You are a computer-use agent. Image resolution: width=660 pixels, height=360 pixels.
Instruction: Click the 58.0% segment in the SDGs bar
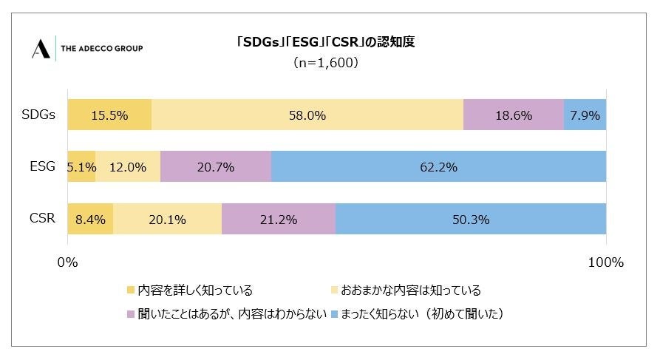[x=307, y=115]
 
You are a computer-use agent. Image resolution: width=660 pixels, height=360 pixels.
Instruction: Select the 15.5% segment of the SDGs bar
[x=109, y=115]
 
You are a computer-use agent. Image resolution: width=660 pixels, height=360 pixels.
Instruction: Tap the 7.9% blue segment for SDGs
[x=585, y=115]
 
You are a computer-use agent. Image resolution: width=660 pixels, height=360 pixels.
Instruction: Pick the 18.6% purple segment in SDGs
[x=513, y=115]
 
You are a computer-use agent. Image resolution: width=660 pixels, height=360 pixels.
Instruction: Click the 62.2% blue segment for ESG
[x=438, y=167]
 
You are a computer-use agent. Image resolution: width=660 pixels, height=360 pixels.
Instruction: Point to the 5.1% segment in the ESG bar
[x=81, y=167]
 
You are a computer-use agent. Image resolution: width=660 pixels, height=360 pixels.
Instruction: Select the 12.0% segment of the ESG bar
[x=127, y=167]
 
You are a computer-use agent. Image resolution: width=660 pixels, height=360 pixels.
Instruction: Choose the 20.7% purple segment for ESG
[x=215, y=167]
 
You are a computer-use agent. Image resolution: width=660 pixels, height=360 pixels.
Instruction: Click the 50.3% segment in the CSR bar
[x=471, y=220]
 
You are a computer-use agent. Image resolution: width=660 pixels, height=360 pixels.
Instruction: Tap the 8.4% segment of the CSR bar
[x=90, y=220]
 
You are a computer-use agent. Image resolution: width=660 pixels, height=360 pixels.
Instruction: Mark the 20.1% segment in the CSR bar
[x=167, y=220]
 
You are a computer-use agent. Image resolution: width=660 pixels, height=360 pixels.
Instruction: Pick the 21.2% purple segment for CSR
[x=279, y=220]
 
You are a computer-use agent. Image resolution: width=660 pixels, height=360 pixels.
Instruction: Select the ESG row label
[x=43, y=167]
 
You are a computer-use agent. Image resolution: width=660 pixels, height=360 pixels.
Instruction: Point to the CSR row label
[x=43, y=220]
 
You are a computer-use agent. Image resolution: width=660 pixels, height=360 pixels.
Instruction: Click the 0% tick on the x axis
[x=67, y=262]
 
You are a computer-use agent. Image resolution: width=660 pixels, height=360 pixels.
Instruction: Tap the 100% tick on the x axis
[x=606, y=262]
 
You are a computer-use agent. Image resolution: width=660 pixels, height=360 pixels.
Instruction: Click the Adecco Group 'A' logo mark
[x=41, y=48]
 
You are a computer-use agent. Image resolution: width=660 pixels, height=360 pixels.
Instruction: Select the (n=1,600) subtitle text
[x=325, y=63]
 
